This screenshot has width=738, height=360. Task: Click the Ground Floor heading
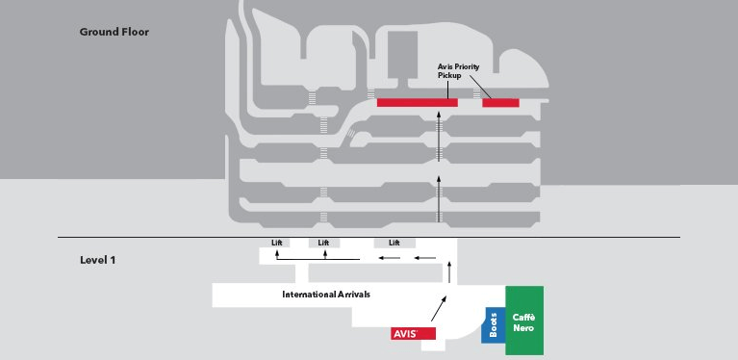[114, 32]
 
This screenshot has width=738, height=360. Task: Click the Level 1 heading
[97, 260]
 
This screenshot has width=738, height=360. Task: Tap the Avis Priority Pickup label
[458, 70]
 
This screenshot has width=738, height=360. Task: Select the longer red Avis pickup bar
[417, 103]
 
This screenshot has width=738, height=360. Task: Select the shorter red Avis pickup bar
[500, 103]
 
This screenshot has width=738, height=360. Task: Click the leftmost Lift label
[277, 243]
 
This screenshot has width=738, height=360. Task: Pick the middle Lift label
[323, 243]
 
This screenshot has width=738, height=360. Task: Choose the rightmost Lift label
[394, 243]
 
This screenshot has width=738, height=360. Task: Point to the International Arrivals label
[326, 295]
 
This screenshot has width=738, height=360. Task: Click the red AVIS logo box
[413, 334]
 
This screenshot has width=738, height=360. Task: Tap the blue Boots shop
[493, 325]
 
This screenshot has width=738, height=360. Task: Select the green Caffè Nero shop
[524, 321]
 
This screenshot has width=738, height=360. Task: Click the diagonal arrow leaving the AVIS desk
[439, 308]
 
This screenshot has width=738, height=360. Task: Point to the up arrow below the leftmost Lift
[277, 254]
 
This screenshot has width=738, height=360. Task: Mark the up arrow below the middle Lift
[325, 254]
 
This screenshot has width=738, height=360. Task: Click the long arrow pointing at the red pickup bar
[439, 137]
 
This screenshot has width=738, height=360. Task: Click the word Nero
[523, 328]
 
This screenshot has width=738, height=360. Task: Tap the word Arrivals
[353, 295]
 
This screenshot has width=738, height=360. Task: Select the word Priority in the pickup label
[467, 66]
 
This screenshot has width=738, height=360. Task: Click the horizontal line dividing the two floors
[369, 237]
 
